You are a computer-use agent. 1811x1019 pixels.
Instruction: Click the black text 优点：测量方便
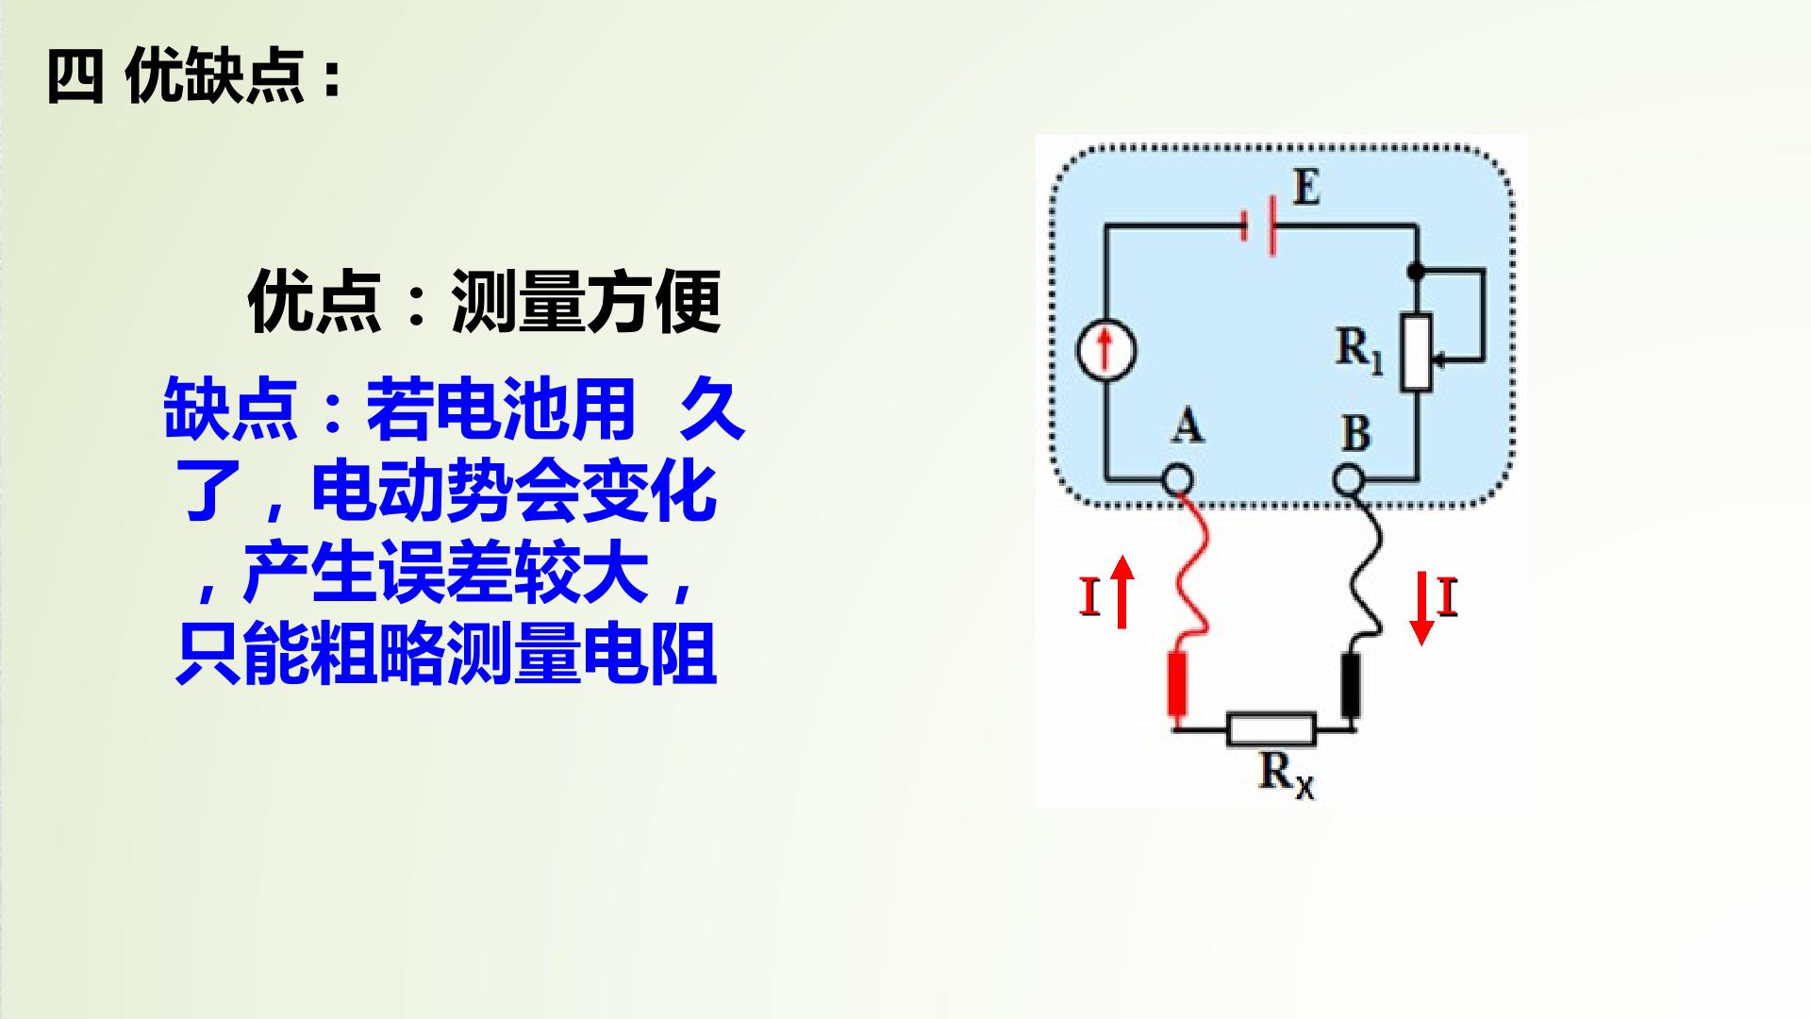pyautogui.click(x=485, y=302)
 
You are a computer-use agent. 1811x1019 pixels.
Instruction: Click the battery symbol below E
pyautogui.click(x=1260, y=226)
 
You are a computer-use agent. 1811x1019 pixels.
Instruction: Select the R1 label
pyautogui.click(x=1359, y=349)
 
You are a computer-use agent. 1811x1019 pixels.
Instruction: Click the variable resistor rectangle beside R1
pyautogui.click(x=1416, y=351)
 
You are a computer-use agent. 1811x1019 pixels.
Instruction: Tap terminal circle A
pyautogui.click(x=1176, y=480)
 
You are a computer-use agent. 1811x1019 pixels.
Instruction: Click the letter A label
pyautogui.click(x=1188, y=426)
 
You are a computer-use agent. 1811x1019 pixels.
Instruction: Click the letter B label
pyautogui.click(x=1355, y=433)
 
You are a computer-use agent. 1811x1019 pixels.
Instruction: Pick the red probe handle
pyautogui.click(x=1177, y=683)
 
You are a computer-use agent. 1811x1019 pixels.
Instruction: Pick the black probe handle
pyautogui.click(x=1352, y=685)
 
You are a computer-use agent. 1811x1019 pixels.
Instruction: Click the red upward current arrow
pyautogui.click(x=1121, y=592)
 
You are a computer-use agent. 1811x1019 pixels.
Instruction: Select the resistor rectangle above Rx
pyautogui.click(x=1271, y=729)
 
